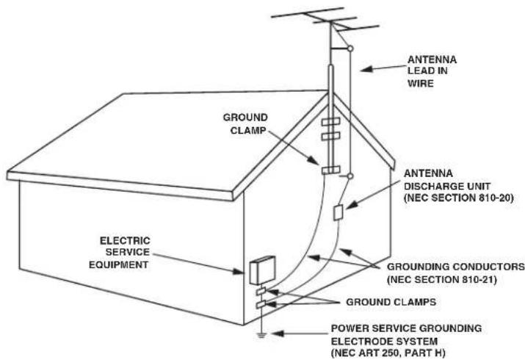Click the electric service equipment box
(x=262, y=270)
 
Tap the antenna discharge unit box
(x=338, y=212)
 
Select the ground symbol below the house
(x=261, y=335)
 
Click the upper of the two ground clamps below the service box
(x=261, y=291)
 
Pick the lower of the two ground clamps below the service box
(x=261, y=304)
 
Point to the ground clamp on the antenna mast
(x=331, y=170)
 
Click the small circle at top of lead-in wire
(x=350, y=48)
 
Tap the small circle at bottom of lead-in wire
(x=350, y=176)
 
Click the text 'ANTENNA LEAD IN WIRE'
(x=432, y=71)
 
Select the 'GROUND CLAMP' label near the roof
(x=246, y=124)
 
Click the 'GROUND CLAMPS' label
(x=391, y=302)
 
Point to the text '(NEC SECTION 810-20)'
(x=459, y=198)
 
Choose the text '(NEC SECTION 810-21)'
(x=441, y=279)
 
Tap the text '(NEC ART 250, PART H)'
(x=388, y=353)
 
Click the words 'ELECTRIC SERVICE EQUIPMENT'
(x=120, y=253)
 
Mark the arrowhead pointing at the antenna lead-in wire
(x=366, y=69)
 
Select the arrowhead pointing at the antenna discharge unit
(x=351, y=205)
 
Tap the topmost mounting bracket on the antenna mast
(x=331, y=122)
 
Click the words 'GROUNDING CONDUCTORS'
(x=456, y=267)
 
